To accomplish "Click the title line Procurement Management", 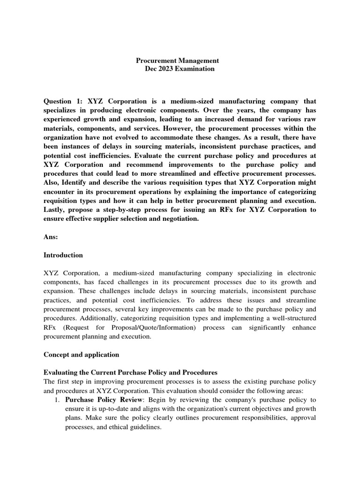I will [177, 60].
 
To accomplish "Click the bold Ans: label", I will [51, 237].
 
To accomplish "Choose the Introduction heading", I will [63, 255].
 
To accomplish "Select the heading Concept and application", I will [81, 354].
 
